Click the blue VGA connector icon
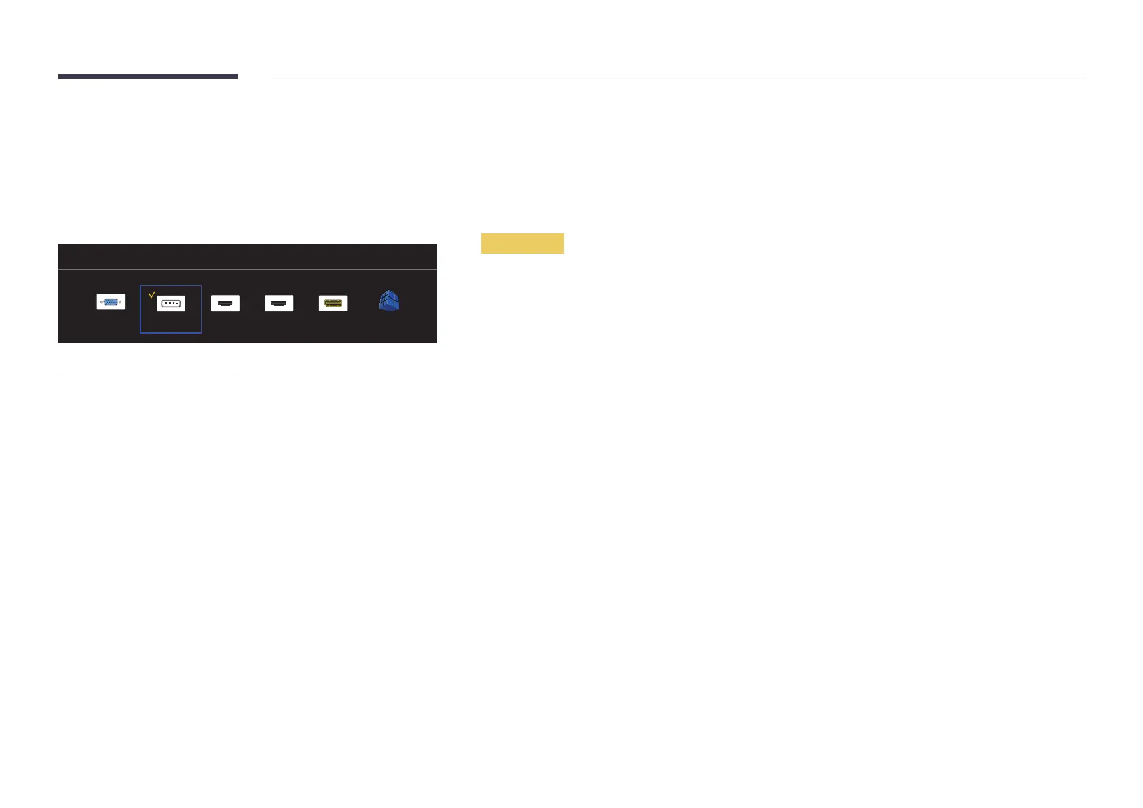click(x=111, y=302)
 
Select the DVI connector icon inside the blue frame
click(x=170, y=303)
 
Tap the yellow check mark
click(x=151, y=294)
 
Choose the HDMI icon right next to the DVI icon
click(x=225, y=303)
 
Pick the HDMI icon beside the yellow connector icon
click(x=279, y=303)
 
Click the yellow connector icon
click(x=333, y=303)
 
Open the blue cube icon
click(x=389, y=301)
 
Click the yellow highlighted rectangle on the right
click(x=522, y=244)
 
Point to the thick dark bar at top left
click(x=147, y=77)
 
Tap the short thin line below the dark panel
click(x=147, y=376)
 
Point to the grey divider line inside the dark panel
click(x=247, y=269)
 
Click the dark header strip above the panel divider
click(x=247, y=256)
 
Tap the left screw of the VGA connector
click(x=101, y=302)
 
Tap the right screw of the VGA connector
click(x=121, y=302)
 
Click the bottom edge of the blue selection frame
click(x=170, y=333)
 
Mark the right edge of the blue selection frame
click(x=201, y=309)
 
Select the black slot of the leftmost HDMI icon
click(x=225, y=303)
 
